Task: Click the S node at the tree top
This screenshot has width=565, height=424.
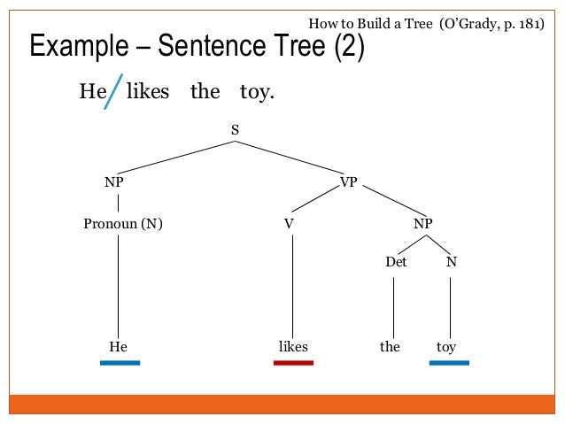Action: click(236, 130)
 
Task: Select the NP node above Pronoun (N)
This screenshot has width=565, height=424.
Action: click(114, 182)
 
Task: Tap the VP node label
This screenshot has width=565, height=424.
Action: click(348, 182)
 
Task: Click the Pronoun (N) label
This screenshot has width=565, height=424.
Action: click(122, 224)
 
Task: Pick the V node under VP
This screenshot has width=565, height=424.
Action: click(288, 224)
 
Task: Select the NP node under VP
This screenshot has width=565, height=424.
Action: click(422, 224)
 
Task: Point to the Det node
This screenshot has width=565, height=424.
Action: click(396, 263)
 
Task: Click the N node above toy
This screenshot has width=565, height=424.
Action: click(451, 263)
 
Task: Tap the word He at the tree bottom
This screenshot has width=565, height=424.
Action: click(118, 347)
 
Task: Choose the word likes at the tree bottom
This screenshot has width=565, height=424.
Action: click(293, 347)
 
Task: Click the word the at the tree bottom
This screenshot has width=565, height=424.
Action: click(391, 347)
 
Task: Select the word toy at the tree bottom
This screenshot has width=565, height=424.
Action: click(446, 347)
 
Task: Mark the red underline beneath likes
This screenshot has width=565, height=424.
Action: click(293, 362)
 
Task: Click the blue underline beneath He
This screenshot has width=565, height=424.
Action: click(120, 362)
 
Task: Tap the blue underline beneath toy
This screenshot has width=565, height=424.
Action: click(449, 362)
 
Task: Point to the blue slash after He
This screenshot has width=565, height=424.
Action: click(113, 92)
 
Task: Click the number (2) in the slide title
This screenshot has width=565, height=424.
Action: click(349, 47)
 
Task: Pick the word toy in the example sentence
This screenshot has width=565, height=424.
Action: click(256, 92)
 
